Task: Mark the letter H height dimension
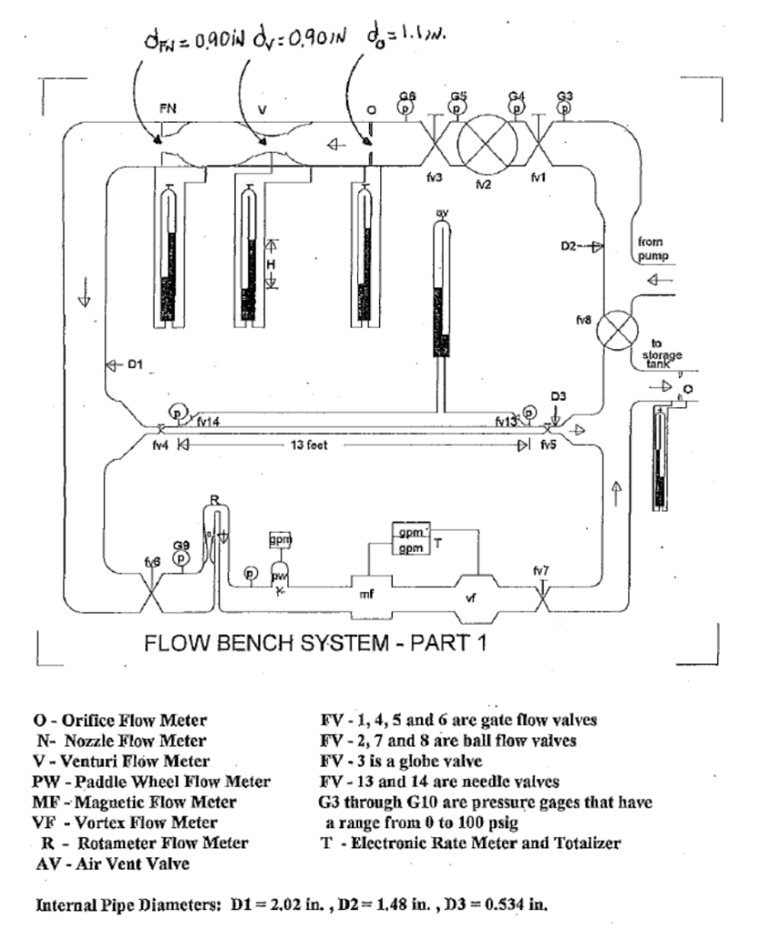click(269, 263)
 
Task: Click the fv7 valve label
click(541, 570)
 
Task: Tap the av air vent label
click(443, 213)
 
